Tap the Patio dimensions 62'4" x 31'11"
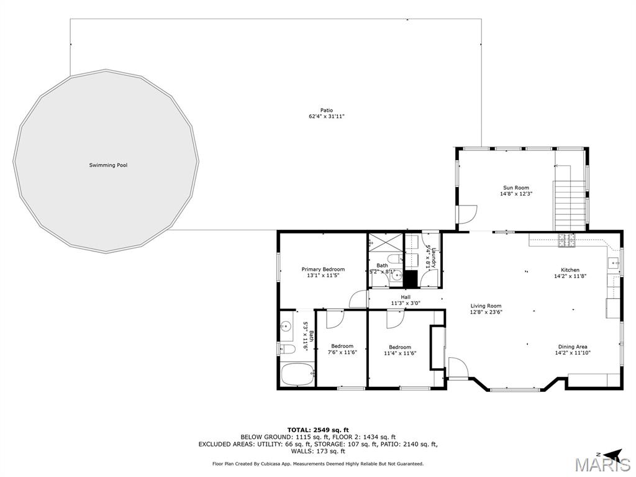coord(327,116)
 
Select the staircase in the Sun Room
coord(570,206)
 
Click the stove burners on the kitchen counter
coord(566,240)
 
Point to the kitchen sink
coord(615,264)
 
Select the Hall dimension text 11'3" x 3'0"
coord(406,303)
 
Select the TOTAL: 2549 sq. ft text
coord(317,430)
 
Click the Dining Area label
coord(573,347)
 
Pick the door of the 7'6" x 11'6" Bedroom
coord(335,317)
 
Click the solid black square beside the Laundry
coord(411,277)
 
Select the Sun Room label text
coord(516,188)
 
